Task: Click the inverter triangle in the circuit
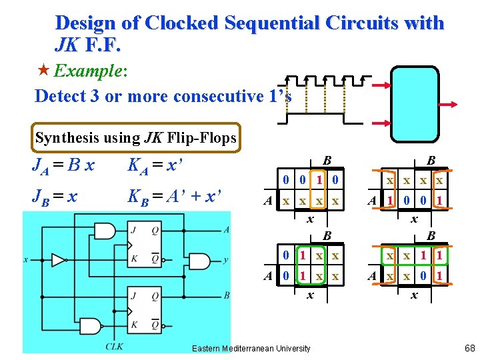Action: [59, 259]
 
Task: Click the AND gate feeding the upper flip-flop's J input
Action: [105, 231]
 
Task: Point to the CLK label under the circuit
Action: [114, 345]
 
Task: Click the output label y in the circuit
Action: [227, 260]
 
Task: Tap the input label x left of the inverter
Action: [25, 259]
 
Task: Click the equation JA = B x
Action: [63, 165]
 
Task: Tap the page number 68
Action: [469, 348]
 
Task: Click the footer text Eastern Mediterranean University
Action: [251, 348]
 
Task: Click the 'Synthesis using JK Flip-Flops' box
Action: [136, 138]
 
